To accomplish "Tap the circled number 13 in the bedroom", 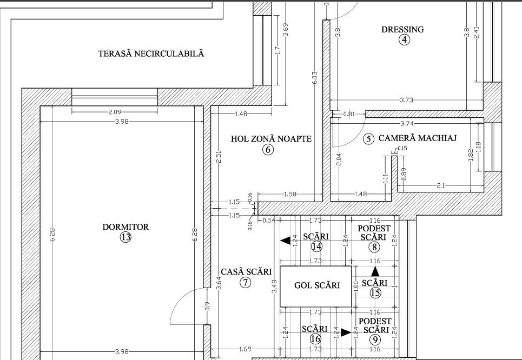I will (125, 237).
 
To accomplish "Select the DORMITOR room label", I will (125, 227).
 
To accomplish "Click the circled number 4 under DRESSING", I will (404, 39).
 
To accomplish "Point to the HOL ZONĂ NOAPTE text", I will (271, 139).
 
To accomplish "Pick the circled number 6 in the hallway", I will (268, 150).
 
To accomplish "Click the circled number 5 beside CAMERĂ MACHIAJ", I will (368, 139).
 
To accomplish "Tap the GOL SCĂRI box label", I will (316, 285).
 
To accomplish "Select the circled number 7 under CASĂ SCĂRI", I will (246, 282).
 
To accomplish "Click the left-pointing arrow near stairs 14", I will (283, 241).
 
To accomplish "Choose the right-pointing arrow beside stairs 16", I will (345, 332).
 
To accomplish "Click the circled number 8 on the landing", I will (374, 247).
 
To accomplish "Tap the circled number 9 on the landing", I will (374, 339).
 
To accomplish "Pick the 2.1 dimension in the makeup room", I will (440, 186).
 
